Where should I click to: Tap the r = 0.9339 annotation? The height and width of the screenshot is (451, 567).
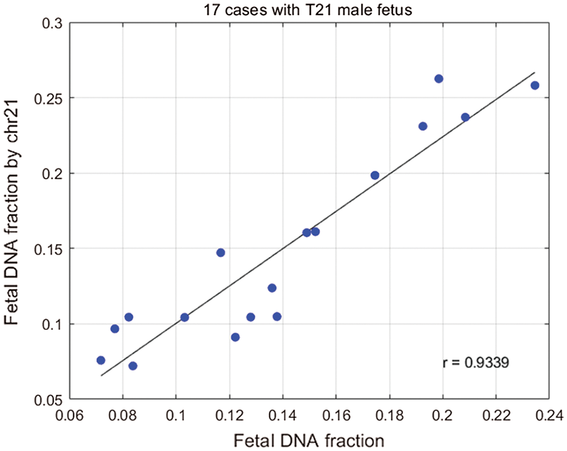pos(475,362)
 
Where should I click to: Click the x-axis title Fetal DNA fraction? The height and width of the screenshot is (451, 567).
pos(307,439)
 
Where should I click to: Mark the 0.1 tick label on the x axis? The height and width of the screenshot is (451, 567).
pos(175,413)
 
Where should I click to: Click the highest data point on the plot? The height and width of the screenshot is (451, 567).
pos(438,78)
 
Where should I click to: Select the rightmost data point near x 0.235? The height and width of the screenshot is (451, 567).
pos(535,85)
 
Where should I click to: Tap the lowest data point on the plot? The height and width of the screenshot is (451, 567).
pos(133,366)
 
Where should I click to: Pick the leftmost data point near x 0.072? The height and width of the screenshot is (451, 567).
pos(101,360)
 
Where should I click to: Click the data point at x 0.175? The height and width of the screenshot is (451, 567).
pos(375,175)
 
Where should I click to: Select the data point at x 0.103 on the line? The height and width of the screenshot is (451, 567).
pos(184,317)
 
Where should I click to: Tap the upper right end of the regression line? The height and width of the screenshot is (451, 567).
pos(535,73)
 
